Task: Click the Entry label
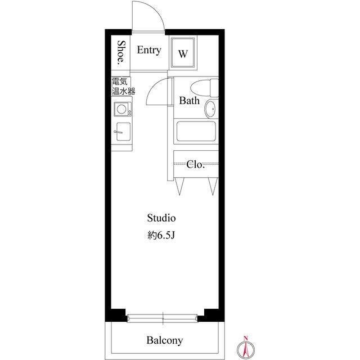pos(149,50)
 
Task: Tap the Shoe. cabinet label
pos(121,52)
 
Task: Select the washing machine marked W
pos(183,52)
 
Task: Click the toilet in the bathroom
pos(204,88)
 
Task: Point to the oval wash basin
pos(210,109)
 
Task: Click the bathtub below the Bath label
pos(196,131)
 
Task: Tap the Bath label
pos(189,101)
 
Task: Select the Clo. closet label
pos(195,164)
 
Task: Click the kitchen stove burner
pos(121,109)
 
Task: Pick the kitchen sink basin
pos(123,132)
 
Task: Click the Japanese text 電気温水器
pos(123,86)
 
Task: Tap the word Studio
pos(161,218)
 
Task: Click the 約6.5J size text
pos(161,235)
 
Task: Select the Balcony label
pos(165,340)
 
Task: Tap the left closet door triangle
pos(179,186)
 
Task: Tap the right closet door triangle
pos(213,186)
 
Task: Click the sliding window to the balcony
pos(163,318)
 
